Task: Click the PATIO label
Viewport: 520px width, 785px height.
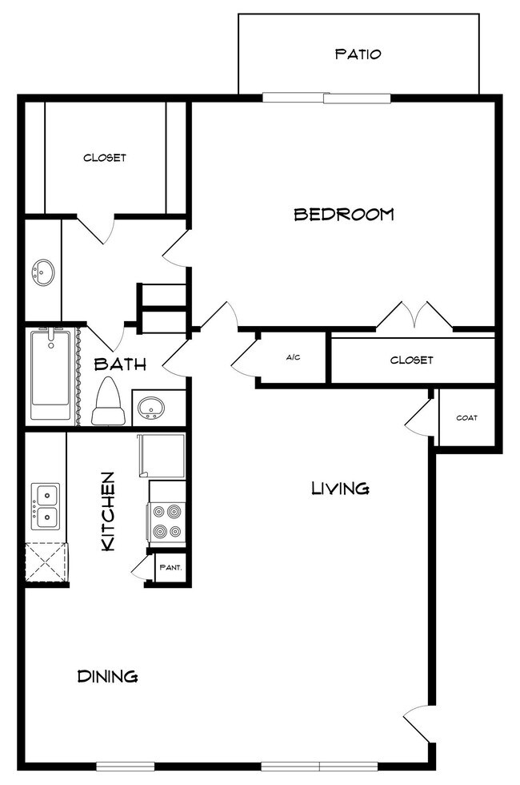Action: coord(358,54)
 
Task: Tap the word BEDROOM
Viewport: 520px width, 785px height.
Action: coord(344,215)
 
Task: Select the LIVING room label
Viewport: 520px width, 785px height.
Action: coord(340,488)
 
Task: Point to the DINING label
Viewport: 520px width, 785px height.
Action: coord(107,676)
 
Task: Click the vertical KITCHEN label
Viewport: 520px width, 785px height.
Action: coord(108,511)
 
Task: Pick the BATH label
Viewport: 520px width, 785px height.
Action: coord(120,364)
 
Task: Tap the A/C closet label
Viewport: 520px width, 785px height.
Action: coord(293,357)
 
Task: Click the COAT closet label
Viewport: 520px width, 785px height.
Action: coord(467,417)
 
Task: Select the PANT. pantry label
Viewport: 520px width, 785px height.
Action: coord(170,568)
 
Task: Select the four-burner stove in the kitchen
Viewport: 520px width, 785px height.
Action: coord(168,521)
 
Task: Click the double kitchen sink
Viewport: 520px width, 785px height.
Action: coord(46,506)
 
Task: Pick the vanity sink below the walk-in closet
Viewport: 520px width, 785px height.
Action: coord(42,272)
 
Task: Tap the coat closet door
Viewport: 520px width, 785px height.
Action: coord(420,418)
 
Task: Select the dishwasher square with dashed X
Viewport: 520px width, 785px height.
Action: coord(45,564)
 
